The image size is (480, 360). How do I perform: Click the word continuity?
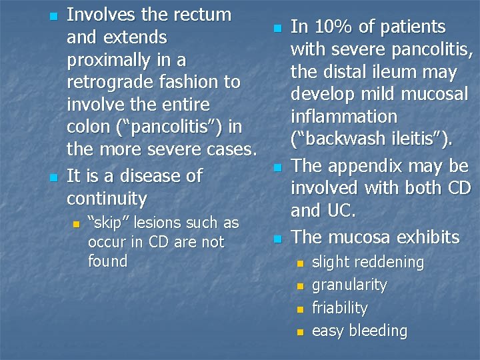point(107,199)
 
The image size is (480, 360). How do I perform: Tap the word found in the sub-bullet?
point(107,261)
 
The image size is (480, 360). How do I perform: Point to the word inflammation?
point(343,117)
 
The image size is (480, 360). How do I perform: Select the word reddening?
point(386,262)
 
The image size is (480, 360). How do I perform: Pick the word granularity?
point(349,285)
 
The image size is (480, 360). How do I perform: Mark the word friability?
point(340,308)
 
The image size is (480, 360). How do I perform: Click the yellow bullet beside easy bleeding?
point(299,331)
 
